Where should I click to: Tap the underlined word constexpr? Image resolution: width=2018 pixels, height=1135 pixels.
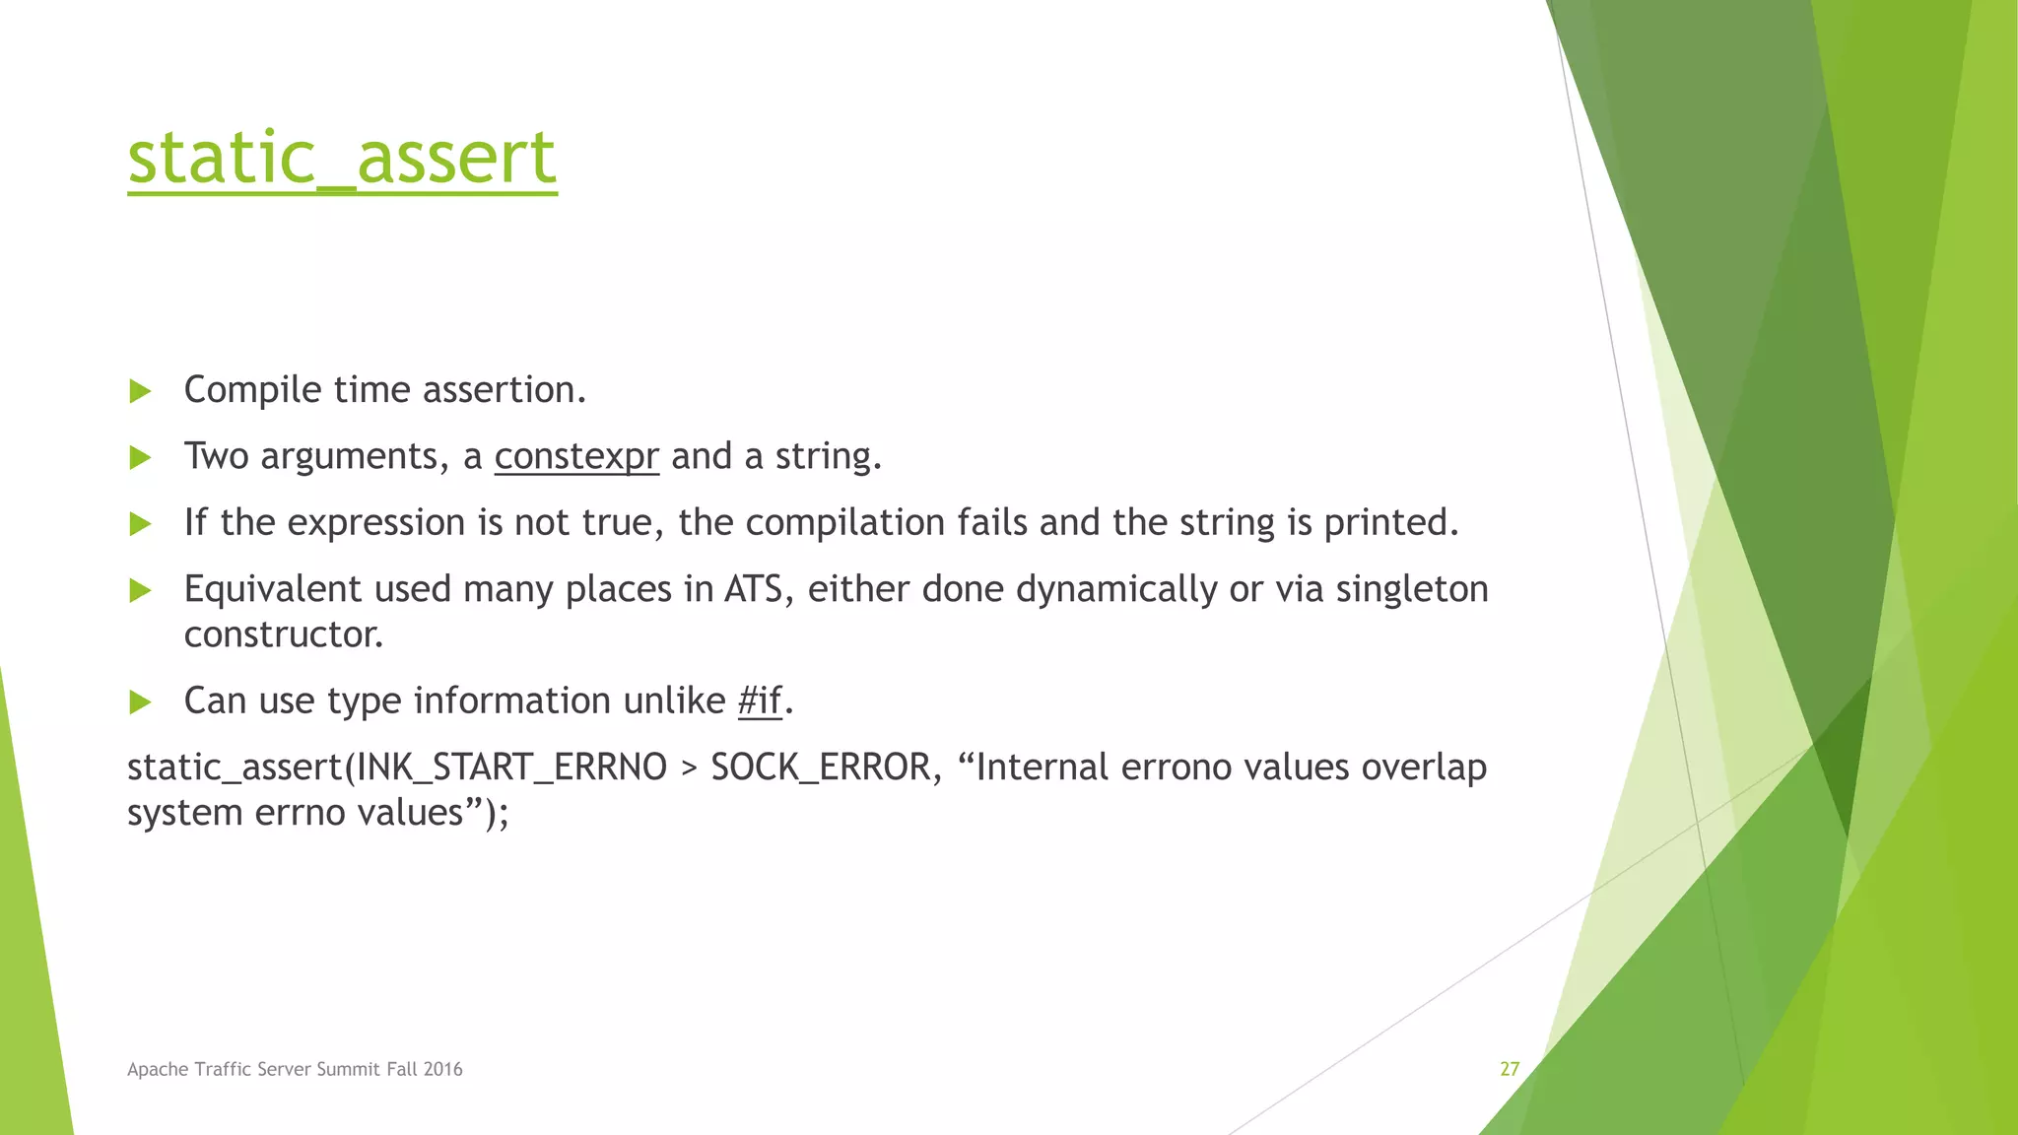[x=576, y=456]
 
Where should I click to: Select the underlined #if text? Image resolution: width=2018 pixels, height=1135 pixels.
[x=760, y=701]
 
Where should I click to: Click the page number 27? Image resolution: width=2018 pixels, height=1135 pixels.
[x=1510, y=1069]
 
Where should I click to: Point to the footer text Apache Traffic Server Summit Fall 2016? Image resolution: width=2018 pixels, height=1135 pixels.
[x=295, y=1069]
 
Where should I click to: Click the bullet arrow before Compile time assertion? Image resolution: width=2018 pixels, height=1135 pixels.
[x=140, y=391]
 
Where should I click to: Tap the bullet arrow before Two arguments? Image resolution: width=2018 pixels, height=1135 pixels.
[x=140, y=457]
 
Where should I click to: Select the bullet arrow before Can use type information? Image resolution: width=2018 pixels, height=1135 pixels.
[x=140, y=701]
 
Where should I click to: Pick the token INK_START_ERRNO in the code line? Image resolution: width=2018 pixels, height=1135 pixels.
[x=511, y=768]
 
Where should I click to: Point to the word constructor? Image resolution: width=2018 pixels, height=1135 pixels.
[x=283, y=634]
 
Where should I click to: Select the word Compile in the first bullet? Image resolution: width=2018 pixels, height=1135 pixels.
[x=252, y=390]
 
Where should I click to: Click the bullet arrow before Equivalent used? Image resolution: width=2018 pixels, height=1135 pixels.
[x=140, y=590]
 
